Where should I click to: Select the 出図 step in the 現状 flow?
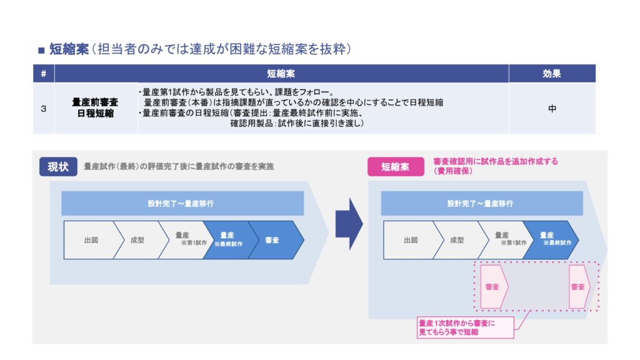(91, 239)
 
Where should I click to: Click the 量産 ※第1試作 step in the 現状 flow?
(182, 239)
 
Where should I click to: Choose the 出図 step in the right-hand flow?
(410, 239)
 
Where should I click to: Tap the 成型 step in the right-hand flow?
(457, 239)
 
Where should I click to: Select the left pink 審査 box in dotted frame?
(493, 287)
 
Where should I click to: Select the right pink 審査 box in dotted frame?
(578, 287)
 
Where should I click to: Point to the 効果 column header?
(551, 74)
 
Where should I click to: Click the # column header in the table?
(43, 74)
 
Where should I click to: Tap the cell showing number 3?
(43, 108)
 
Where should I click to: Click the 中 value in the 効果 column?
(551, 108)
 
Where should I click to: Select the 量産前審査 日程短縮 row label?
(96, 108)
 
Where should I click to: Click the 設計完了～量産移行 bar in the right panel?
(481, 204)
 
